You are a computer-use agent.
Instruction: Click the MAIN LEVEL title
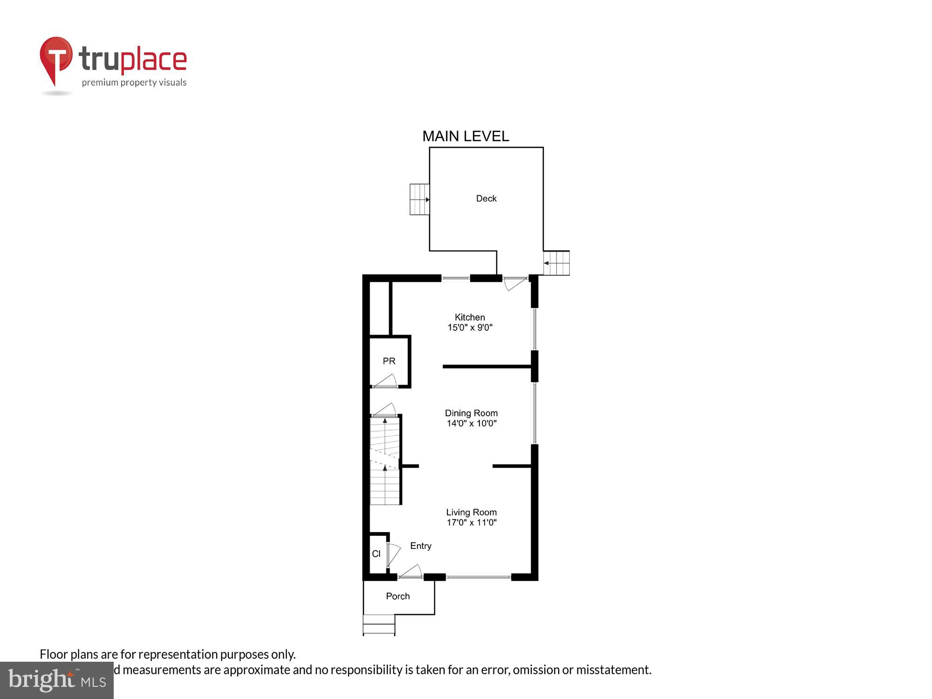pos(466,136)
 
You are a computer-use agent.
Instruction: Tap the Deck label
pos(486,199)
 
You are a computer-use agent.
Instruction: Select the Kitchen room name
pos(470,317)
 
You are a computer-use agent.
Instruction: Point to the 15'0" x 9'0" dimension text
pos(470,328)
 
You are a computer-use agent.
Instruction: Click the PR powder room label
pos(389,361)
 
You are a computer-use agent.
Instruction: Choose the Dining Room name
pos(471,413)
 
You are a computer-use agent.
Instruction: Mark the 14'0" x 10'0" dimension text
pos(472,424)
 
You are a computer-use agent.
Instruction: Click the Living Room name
pos(471,512)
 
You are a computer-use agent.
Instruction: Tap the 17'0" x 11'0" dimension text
pos(472,523)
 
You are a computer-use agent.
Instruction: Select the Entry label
pos(420,546)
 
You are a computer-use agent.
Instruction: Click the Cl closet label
pos(376,554)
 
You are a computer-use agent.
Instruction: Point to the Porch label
pos(397,596)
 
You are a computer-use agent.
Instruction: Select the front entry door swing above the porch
pos(411,571)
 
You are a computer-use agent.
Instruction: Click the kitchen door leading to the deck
pos(515,283)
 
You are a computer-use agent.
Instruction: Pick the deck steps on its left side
pos(419,199)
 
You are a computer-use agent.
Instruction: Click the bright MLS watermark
pos(57,680)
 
